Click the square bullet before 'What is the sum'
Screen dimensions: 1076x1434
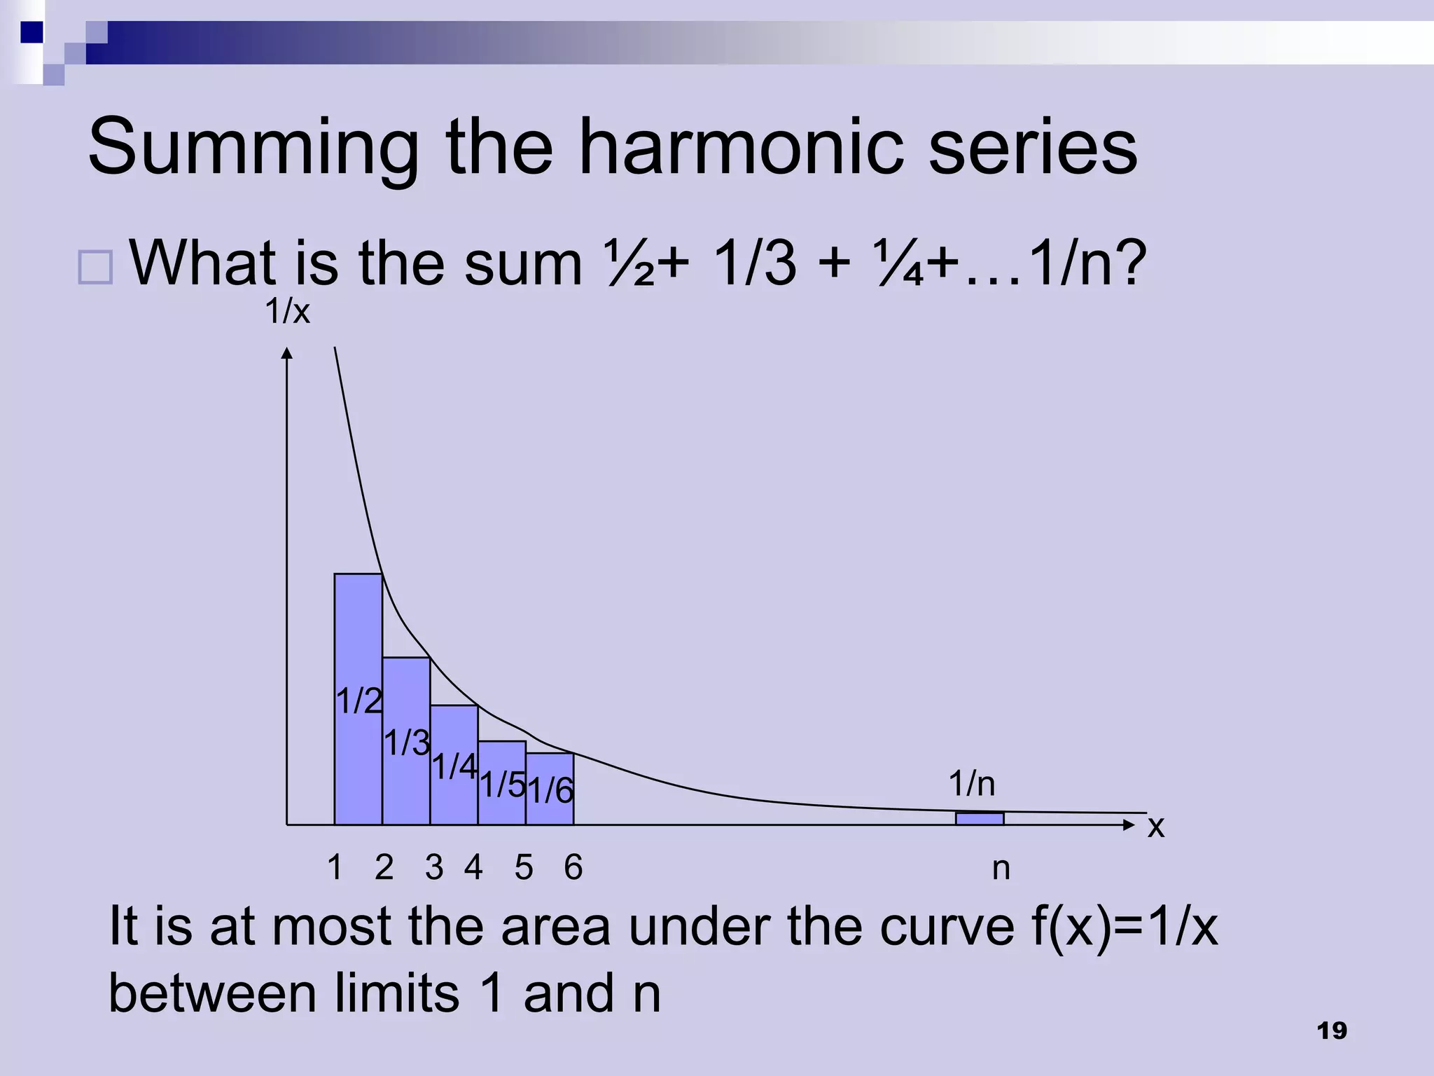coord(95,267)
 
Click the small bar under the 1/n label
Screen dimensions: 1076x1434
coord(980,818)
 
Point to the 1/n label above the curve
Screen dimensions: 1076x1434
coord(972,784)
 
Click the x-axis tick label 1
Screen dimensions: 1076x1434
coord(335,868)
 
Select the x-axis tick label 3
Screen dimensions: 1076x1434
coord(434,868)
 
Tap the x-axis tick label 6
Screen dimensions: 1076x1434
coord(573,868)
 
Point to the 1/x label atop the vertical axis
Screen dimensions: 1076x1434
coord(287,312)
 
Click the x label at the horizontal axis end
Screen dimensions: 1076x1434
coord(1155,827)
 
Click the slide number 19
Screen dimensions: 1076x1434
coord(1332,1031)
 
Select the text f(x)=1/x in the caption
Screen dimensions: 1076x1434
coord(1125,927)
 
